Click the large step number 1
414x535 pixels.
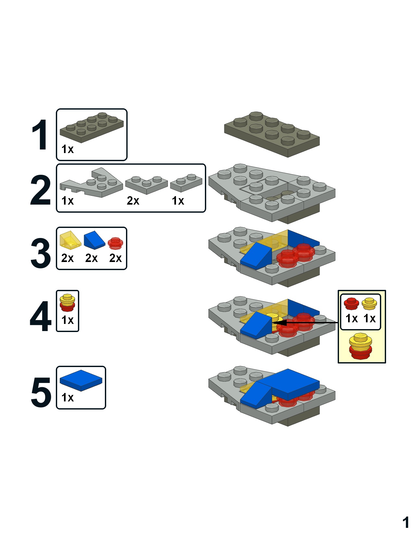pos(40,135)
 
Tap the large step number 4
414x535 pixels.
pos(41,316)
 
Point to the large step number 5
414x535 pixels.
pos(41,392)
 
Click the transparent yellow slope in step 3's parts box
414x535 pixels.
pos(70,240)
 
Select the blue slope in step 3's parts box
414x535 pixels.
pos(94,240)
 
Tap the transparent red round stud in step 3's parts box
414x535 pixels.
pos(115,243)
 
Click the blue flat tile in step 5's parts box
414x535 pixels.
pos(81,380)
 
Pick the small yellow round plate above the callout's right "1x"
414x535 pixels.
pos(369,303)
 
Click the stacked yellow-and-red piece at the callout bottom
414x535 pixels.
pos(360,346)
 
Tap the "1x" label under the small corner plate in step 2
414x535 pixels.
pos(178,201)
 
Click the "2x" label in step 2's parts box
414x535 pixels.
pos(133,201)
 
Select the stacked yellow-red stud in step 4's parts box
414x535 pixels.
pos(67,303)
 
